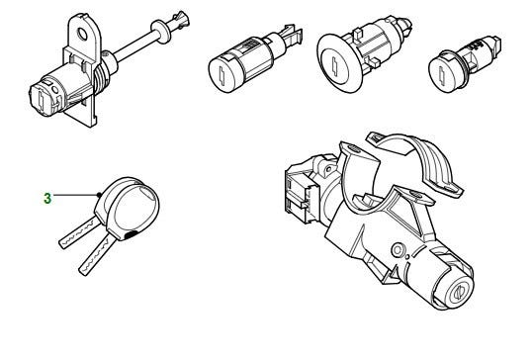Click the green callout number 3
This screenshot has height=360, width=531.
47,198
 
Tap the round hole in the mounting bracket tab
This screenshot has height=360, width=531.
83,34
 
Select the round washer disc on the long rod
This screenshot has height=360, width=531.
160,32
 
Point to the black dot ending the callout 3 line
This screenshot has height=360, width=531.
99,195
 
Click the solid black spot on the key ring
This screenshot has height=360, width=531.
132,235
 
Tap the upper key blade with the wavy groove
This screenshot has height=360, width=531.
76,232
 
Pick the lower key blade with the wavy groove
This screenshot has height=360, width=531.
95,256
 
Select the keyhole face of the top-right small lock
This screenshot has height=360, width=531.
442,74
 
